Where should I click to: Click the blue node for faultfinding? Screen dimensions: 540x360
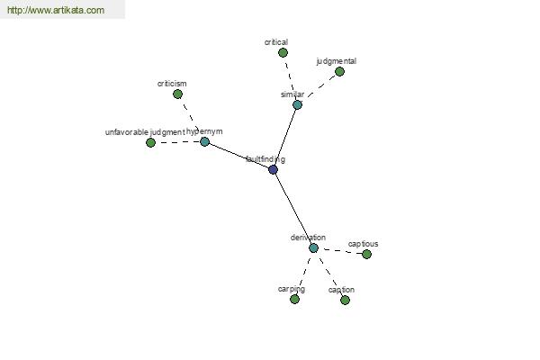tap(273, 169)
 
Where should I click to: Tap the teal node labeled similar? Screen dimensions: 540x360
tap(298, 104)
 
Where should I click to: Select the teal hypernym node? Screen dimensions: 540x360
tap(204, 141)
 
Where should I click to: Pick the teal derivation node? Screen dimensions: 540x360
tap(313, 248)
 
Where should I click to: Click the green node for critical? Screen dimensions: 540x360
tap(283, 53)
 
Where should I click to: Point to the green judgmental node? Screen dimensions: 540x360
tap(339, 72)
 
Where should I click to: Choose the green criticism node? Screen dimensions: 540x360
tap(177, 94)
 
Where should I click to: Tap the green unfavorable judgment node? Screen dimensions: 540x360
tap(150, 142)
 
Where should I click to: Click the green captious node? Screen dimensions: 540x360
tap(367, 254)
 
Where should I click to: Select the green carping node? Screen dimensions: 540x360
tap(294, 299)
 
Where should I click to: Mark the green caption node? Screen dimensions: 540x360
tap(345, 300)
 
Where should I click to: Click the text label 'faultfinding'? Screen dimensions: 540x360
tap(265, 159)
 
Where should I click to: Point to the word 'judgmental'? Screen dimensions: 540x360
tap(336, 61)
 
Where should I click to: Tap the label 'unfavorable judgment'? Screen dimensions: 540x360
tap(145, 132)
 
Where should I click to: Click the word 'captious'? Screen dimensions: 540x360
tap(363, 244)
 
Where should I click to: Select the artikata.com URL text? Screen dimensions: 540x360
tap(56, 10)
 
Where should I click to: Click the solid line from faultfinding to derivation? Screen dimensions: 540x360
tap(293, 209)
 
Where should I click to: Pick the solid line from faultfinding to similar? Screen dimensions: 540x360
tap(285, 137)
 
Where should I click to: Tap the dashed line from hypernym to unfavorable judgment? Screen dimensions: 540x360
tap(177, 142)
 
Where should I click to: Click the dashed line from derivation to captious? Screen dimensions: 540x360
tap(340, 251)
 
